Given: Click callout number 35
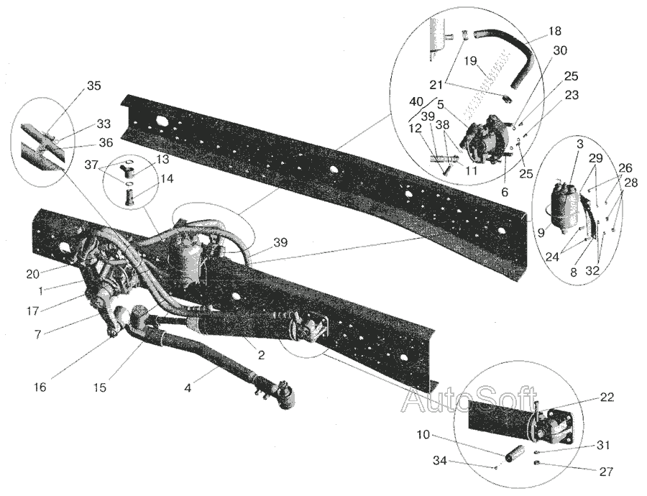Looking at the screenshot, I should [93, 86].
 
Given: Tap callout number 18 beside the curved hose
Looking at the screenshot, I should [554, 31].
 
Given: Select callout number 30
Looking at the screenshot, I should [560, 50].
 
